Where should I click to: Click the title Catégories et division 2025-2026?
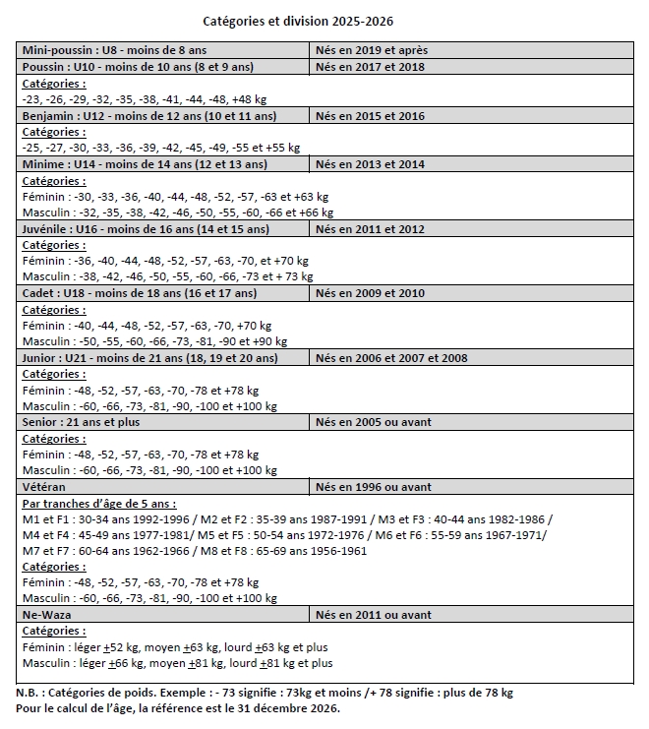pos(304,21)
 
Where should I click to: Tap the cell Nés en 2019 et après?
pos(371,50)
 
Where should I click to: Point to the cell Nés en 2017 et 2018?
pos(370,66)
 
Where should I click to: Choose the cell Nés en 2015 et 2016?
pos(370,116)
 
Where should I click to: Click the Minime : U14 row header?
pos(145,164)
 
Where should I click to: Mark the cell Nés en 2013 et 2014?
pos(370,164)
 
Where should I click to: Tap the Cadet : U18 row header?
pos(140,293)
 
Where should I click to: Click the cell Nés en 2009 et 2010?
pos(370,293)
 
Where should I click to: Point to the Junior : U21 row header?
pos(149,358)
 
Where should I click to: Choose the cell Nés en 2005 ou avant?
pos(374,422)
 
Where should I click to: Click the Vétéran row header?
pos(44,486)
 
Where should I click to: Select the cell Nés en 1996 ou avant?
pos(374,486)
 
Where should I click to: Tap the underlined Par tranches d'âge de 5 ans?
pos(98,503)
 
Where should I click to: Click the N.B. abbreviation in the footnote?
pos(29,693)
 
